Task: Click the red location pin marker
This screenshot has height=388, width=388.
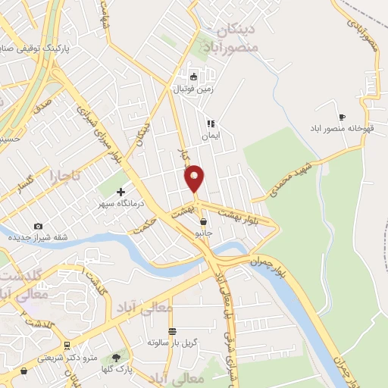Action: click(195, 179)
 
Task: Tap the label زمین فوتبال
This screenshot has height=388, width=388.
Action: click(195, 89)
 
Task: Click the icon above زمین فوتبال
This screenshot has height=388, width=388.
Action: click(194, 77)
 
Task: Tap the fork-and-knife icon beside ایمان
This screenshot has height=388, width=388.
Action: click(211, 123)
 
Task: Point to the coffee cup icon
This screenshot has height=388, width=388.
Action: click(341, 116)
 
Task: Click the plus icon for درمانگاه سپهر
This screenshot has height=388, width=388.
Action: click(121, 192)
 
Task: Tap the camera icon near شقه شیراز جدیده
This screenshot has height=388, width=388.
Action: click(38, 226)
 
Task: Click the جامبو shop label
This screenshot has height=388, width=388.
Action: click(204, 233)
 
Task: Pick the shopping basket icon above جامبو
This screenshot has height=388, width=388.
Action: click(203, 221)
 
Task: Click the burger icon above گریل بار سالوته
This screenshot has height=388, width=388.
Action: click(173, 331)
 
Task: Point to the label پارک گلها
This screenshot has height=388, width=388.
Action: click(117, 369)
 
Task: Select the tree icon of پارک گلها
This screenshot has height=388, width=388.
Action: click(117, 357)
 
